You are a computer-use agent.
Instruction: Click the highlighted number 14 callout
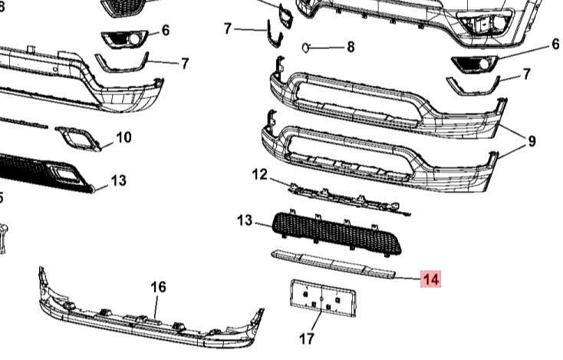pyautogui.click(x=431, y=280)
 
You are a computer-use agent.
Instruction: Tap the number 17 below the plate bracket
pyautogui.click(x=306, y=337)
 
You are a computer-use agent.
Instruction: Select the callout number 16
pyautogui.click(x=158, y=287)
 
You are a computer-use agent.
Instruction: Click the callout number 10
pyautogui.click(x=123, y=137)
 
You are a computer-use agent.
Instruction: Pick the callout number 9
pyautogui.click(x=531, y=141)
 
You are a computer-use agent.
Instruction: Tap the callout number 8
pyautogui.click(x=351, y=47)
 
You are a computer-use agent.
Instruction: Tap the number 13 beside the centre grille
pyautogui.click(x=245, y=221)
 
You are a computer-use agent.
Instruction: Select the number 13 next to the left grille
pyautogui.click(x=117, y=180)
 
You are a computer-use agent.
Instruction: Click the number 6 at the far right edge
pyautogui.click(x=555, y=45)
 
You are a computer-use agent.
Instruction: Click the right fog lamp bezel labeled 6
pyautogui.click(x=474, y=63)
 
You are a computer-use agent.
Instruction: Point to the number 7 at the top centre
pyautogui.click(x=227, y=28)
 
